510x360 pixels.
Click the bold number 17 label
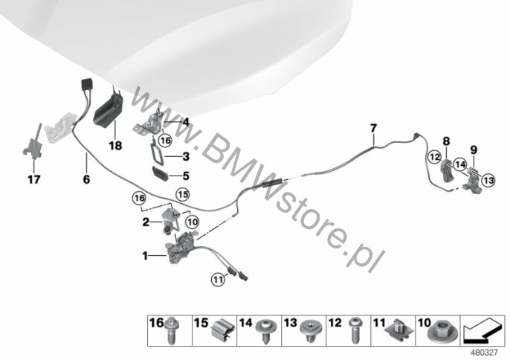[x=34, y=179]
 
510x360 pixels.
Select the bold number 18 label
[x=115, y=146]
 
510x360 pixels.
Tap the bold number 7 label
[x=373, y=128]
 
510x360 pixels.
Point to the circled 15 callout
[x=182, y=194]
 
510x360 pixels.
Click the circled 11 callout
[x=218, y=279]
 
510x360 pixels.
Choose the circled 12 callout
[x=435, y=157]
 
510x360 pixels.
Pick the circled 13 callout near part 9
[x=488, y=180]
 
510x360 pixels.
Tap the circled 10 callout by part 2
[x=193, y=222]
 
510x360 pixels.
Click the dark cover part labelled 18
[x=109, y=111]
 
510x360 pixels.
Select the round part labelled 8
[x=446, y=170]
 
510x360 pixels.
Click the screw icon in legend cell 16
[x=172, y=330]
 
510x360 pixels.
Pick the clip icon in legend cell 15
[x=223, y=330]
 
